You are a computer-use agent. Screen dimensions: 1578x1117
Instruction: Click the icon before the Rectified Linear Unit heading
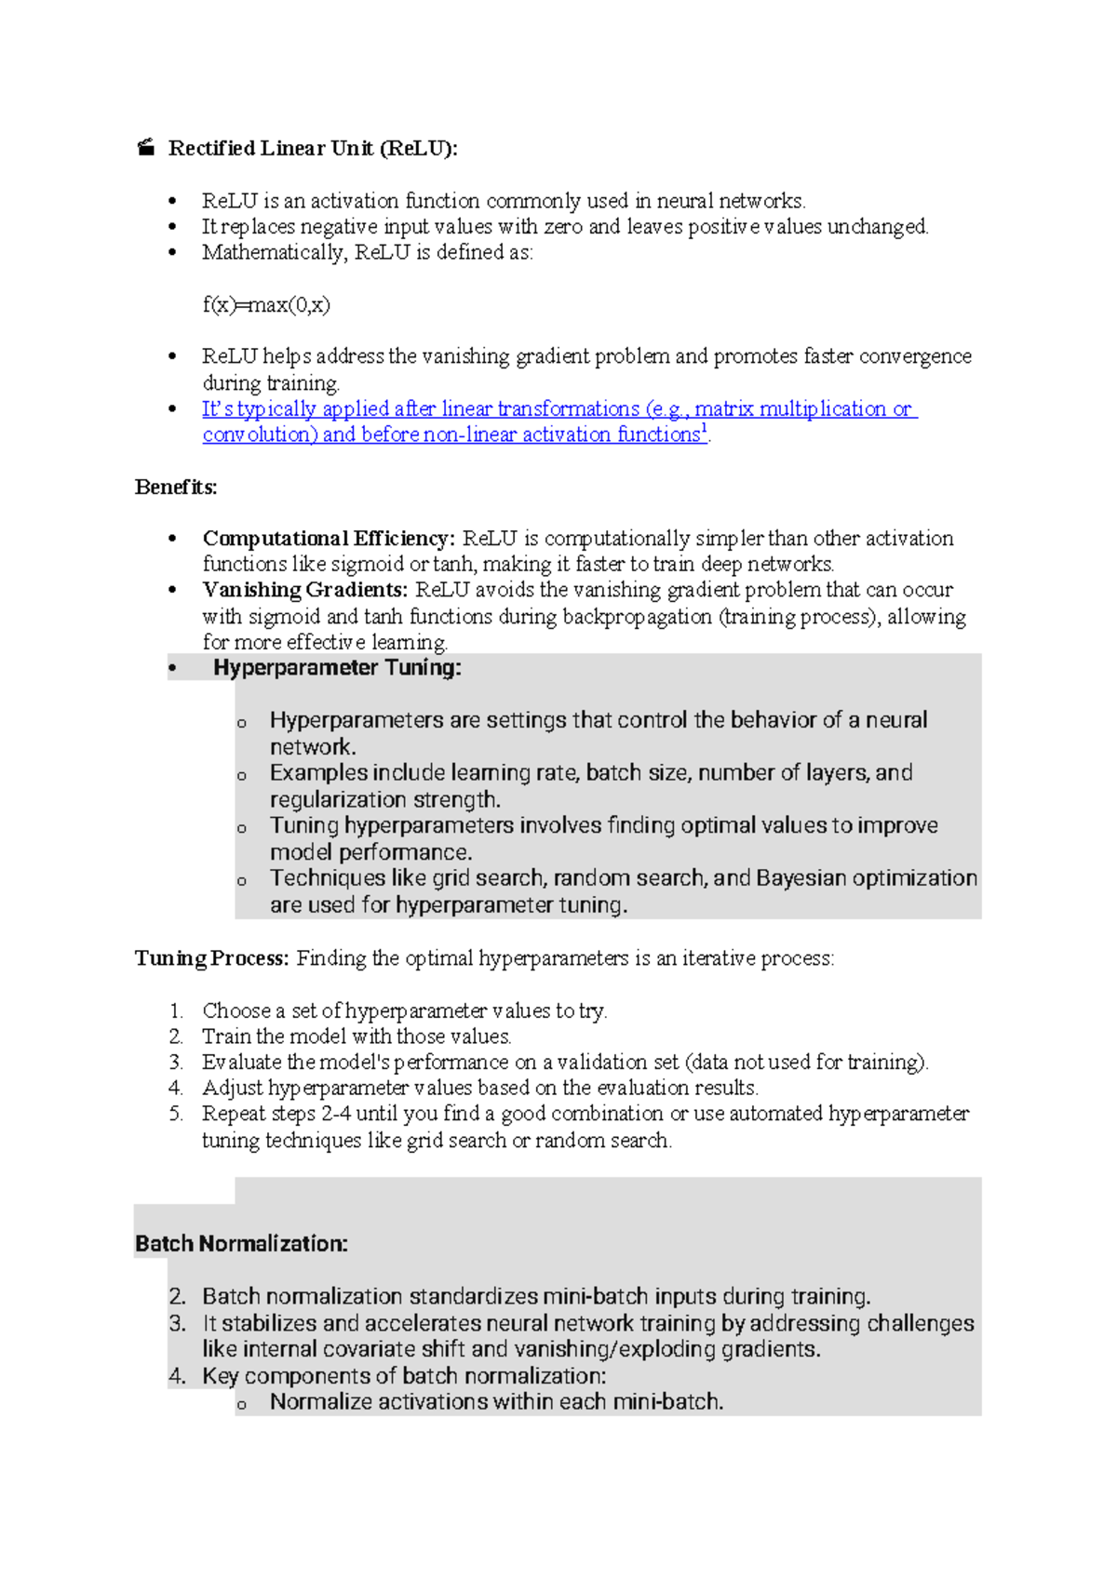[x=145, y=148]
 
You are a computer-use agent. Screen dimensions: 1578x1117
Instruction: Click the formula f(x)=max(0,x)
[x=266, y=305]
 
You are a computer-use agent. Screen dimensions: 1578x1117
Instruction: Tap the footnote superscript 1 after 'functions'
[x=704, y=429]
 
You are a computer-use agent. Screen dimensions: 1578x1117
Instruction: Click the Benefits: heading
[x=176, y=487]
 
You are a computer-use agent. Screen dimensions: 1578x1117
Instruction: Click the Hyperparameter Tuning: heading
[x=337, y=668]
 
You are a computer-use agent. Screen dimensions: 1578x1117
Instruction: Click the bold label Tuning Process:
[x=212, y=958]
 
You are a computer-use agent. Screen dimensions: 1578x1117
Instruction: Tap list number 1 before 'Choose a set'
[x=176, y=1011]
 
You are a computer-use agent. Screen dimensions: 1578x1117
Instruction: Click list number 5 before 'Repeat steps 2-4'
[x=176, y=1114]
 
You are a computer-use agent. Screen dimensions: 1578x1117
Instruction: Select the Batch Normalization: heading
[x=241, y=1244]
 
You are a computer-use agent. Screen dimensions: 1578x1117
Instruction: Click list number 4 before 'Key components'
[x=177, y=1376]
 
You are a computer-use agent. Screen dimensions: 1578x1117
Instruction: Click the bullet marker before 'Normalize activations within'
[x=242, y=1405]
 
